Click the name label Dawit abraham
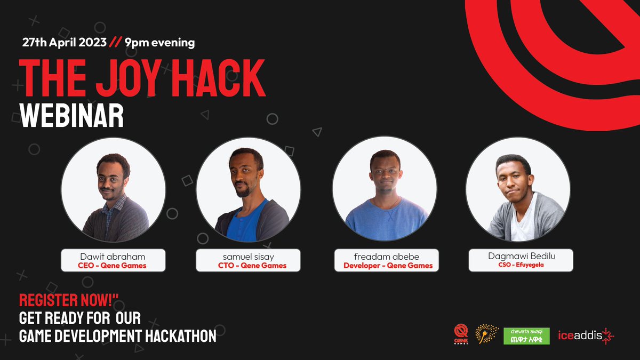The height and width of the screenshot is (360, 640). click(x=113, y=257)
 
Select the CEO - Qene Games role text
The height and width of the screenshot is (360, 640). click(x=113, y=266)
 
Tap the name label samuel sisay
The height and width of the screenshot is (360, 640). click(x=247, y=257)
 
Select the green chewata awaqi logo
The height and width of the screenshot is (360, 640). click(x=526, y=335)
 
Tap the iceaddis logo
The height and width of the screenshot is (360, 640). click(x=586, y=335)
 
